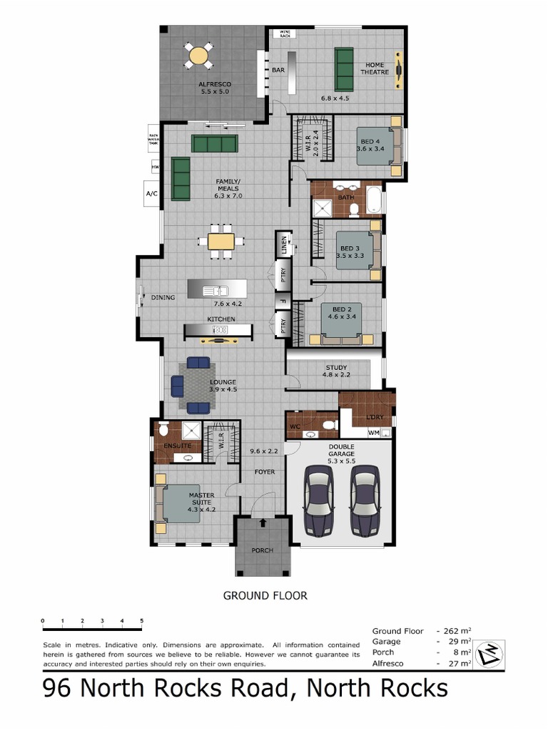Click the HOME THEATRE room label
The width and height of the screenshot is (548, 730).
coord(375,68)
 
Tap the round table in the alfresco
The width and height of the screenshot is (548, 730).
coord(199,55)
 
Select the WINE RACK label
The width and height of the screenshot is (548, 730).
coord(285,34)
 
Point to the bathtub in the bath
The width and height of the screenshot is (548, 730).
coord(374,200)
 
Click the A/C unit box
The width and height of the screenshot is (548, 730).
coord(151,193)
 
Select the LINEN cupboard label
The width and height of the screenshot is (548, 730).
coord(284,245)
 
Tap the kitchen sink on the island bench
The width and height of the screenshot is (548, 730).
coord(215,290)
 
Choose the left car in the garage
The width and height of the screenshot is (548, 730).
coord(318,499)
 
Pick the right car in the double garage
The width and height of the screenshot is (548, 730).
coord(365,499)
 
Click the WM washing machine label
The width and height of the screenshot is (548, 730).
coord(373,432)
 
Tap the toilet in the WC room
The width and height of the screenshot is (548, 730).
coord(328,426)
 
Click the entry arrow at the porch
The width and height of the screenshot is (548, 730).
coord(263,523)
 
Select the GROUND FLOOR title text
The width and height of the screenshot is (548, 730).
coord(265,595)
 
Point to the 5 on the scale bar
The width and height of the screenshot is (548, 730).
coord(141,621)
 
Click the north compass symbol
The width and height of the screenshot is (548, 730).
coord(491,652)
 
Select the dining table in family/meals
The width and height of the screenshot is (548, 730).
coord(220,240)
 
